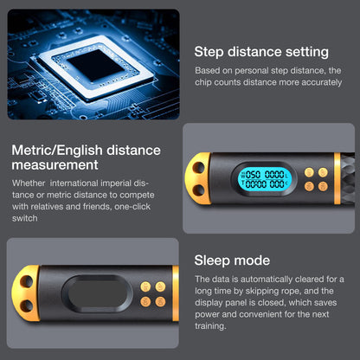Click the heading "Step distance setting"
pos(261,52)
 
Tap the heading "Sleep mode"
pos(232,260)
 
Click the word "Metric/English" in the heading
pos(57,151)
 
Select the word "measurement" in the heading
pos(55,165)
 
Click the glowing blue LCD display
pos(265,179)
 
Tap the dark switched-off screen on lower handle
pos(97,294)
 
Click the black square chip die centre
pos(96,66)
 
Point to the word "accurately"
pos(322,82)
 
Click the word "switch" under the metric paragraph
pos(25,218)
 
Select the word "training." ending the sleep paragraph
pos(210,326)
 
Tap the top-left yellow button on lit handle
pos(309,173)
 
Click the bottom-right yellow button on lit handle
pos(323,186)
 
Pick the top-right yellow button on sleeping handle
pos(160,286)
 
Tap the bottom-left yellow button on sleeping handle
pos(145,302)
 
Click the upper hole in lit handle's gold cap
pos(198,167)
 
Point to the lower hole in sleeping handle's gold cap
pos(27,305)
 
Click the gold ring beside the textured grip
pos(337,179)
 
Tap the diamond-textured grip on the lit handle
pos(348,179)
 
